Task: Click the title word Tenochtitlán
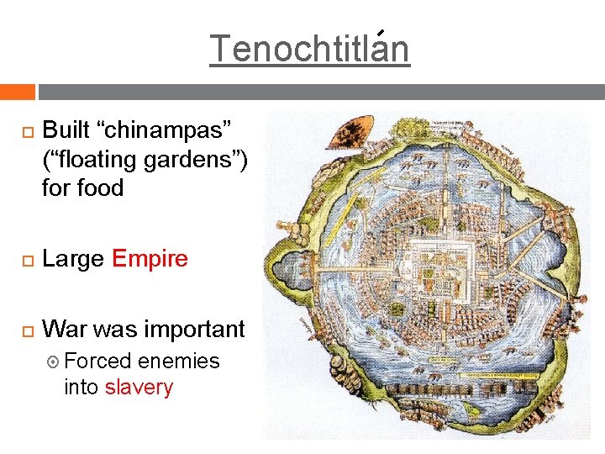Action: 309,49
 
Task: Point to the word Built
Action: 67,130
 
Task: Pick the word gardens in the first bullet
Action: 196,159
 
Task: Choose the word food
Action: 103,187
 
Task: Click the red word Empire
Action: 150,258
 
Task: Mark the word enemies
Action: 178,362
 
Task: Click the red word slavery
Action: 139,388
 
